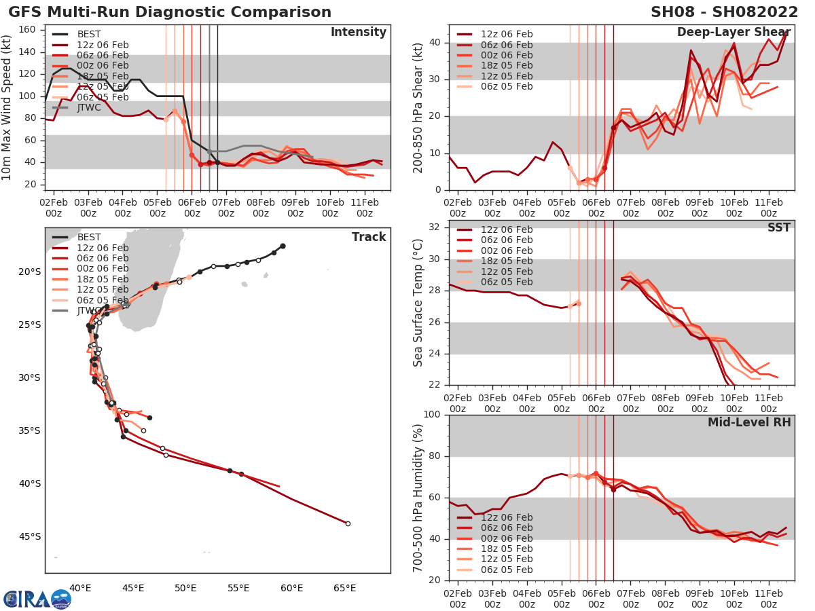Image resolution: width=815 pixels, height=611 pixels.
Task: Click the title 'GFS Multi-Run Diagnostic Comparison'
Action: click(170, 12)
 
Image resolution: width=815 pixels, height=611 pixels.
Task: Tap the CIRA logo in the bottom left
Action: click(37, 599)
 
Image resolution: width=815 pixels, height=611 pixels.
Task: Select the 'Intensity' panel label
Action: click(358, 33)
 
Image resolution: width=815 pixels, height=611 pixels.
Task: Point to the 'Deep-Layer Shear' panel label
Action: click(733, 33)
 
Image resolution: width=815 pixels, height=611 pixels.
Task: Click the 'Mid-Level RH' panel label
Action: click(749, 422)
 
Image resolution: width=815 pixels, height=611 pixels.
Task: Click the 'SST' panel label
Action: click(778, 227)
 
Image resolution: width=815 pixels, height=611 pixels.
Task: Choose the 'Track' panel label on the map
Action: click(369, 237)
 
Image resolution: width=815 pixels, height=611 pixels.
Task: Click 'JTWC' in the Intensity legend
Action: click(90, 107)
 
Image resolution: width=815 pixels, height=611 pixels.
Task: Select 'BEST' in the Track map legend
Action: click(90, 237)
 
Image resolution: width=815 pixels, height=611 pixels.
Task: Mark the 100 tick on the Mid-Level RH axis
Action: click(432, 415)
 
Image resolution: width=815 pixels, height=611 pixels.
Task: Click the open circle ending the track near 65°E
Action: click(348, 523)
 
